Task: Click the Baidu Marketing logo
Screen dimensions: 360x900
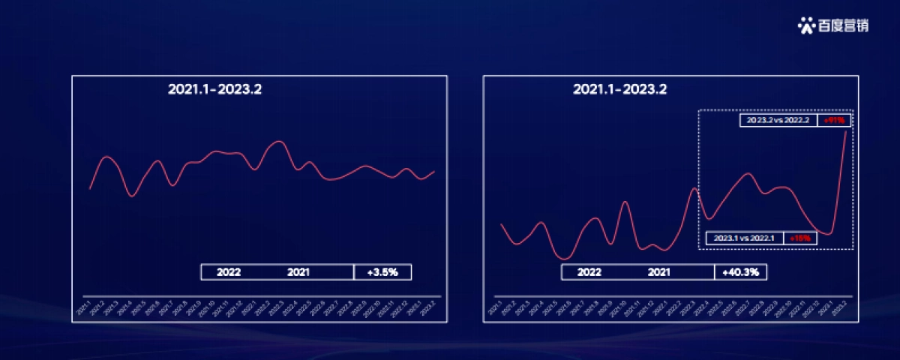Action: point(833,25)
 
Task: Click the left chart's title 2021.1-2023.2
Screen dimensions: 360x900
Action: point(214,89)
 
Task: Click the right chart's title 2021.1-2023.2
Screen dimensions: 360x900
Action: point(619,89)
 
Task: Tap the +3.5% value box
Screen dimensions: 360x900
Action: point(382,272)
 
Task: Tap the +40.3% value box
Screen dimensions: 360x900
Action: point(741,272)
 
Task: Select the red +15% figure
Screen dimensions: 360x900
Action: point(802,238)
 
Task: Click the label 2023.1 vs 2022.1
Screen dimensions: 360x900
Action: point(745,238)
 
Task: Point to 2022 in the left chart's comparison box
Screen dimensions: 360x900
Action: point(229,272)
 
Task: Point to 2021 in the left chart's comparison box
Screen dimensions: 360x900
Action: point(298,272)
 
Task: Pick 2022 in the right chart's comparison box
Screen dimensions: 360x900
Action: point(589,272)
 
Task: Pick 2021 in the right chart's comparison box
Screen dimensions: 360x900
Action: point(659,272)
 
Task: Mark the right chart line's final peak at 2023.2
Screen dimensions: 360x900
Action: point(847,132)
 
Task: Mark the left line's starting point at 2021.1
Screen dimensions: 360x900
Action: point(90,188)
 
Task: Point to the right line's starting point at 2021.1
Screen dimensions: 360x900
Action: point(501,224)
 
